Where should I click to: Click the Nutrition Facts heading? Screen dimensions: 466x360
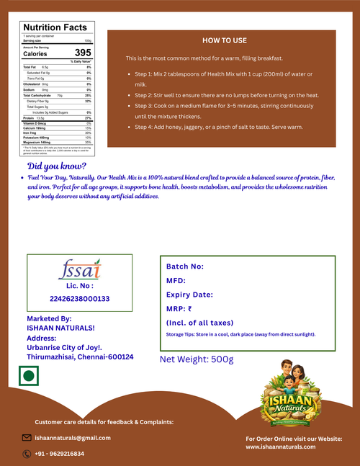click(55, 27)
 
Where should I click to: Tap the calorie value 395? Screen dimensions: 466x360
click(83, 53)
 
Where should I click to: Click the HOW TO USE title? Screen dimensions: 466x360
click(224, 40)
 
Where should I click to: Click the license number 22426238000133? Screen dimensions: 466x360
click(80, 298)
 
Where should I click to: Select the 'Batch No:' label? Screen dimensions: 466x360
click(185, 266)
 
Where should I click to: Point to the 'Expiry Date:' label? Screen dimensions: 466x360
click(189, 295)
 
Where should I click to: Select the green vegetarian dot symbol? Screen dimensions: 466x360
click(28, 376)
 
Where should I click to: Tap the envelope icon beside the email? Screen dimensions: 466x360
click(27, 437)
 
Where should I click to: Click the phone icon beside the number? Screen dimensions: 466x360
click(27, 454)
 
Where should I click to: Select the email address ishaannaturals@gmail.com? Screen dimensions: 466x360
click(73, 438)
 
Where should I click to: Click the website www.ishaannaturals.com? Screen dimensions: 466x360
click(281, 447)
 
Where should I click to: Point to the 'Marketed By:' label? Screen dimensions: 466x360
click(49, 318)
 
